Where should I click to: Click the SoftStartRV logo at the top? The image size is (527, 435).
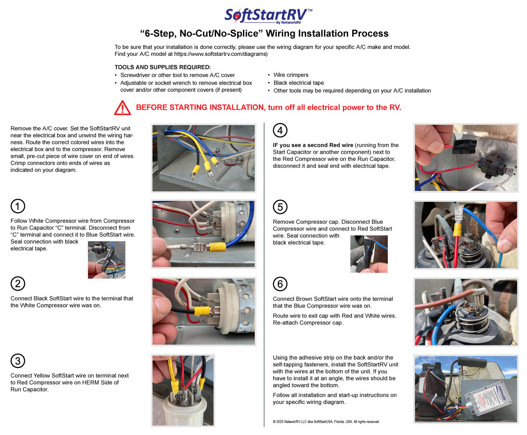(x=268, y=15)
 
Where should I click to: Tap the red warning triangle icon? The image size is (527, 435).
(x=123, y=108)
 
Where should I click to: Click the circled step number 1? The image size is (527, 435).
(x=18, y=206)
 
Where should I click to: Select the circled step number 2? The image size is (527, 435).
(x=18, y=284)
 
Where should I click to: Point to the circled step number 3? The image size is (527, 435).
(x=18, y=361)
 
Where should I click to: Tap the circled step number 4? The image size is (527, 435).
(x=280, y=130)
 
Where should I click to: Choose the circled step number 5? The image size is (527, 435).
(x=280, y=207)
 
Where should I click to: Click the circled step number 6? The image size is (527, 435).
(x=280, y=284)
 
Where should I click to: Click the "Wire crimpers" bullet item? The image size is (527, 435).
(x=291, y=75)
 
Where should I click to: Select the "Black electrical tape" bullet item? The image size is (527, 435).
(x=299, y=83)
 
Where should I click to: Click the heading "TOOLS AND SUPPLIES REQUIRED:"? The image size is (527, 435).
(x=162, y=67)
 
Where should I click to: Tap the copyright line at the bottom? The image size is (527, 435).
(x=326, y=422)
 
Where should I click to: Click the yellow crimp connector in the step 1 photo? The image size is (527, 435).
(x=217, y=247)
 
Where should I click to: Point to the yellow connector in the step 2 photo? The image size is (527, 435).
(x=201, y=311)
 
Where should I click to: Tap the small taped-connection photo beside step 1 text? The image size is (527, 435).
(x=106, y=259)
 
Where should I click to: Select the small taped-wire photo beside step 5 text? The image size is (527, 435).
(x=369, y=254)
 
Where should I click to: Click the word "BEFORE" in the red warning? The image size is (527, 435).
(x=152, y=108)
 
